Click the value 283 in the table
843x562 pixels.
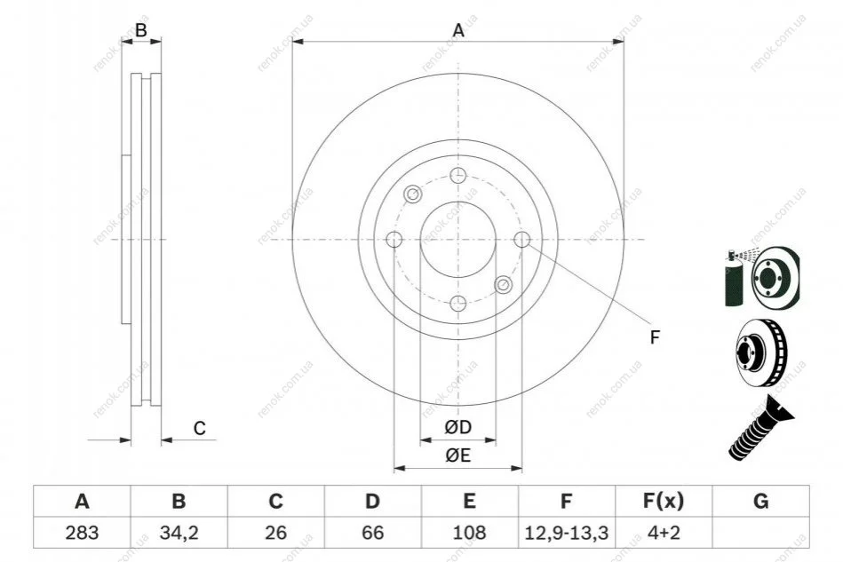pyautogui.click(x=82, y=533)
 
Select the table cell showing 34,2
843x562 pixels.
pyautogui.click(x=179, y=533)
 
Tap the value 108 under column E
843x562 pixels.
pyautogui.click(x=469, y=533)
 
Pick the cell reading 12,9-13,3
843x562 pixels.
pyautogui.click(x=566, y=533)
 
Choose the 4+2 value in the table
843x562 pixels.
pyautogui.click(x=664, y=533)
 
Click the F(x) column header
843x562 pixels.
pyautogui.click(x=664, y=501)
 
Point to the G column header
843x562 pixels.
pyautogui.click(x=760, y=501)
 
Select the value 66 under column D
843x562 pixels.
pyautogui.click(x=372, y=533)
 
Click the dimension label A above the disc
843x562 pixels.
pyautogui.click(x=458, y=30)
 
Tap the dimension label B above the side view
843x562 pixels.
pyautogui.click(x=141, y=30)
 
